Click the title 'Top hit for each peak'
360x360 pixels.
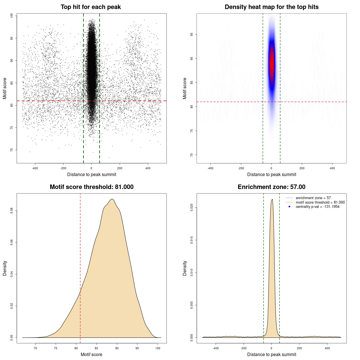click(x=91, y=7)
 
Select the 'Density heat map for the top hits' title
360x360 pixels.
click(x=271, y=7)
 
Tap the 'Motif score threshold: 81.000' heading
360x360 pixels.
click(x=91, y=187)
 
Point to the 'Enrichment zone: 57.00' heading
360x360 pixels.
click(x=271, y=187)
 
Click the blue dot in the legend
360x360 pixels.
click(x=289, y=207)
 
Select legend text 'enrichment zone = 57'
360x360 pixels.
click(x=313, y=198)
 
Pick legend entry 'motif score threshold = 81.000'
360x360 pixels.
click(x=320, y=202)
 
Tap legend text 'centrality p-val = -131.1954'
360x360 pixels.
click(x=318, y=207)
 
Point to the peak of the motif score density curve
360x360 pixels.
click(x=112, y=199)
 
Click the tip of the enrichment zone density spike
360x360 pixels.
click(x=272, y=199)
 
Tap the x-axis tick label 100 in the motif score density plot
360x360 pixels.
click(x=158, y=348)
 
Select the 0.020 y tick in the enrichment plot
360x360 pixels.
click(x=192, y=208)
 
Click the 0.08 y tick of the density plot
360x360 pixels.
click(x=12, y=211)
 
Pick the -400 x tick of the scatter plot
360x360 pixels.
click(x=35, y=168)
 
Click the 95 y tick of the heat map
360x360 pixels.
click(x=192, y=34)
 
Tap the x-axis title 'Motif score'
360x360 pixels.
click(x=91, y=354)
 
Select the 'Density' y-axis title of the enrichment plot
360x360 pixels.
click(x=185, y=268)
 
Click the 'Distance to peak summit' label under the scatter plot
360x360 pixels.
click(x=92, y=174)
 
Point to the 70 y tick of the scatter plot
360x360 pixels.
click(x=12, y=150)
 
